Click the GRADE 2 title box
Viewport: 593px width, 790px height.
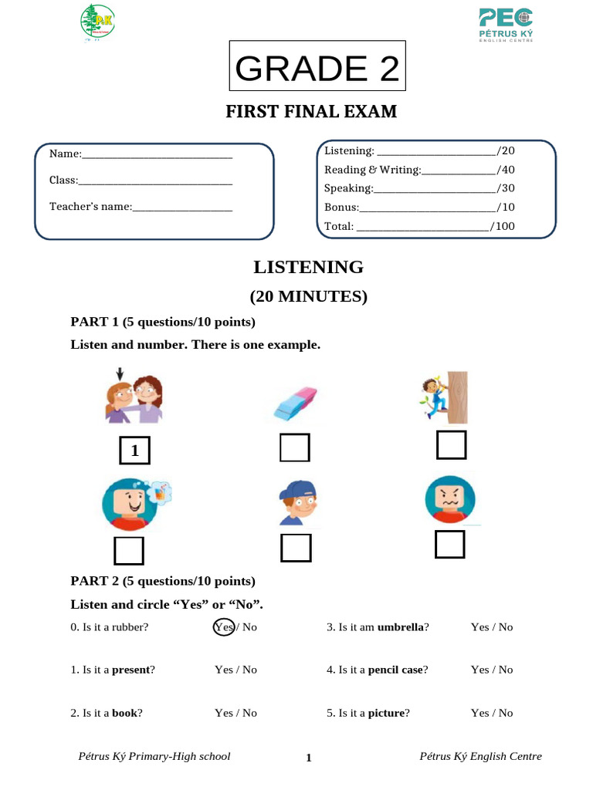point(317,69)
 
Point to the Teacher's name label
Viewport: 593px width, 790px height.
point(90,207)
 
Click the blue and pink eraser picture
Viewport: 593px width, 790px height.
point(294,403)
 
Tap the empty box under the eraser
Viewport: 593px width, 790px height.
point(295,448)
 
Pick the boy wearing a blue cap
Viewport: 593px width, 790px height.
point(297,502)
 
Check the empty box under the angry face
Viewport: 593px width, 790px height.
point(449,543)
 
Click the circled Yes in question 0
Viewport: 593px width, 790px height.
point(224,627)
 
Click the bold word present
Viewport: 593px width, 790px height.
point(130,670)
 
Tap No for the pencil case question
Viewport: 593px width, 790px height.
point(505,670)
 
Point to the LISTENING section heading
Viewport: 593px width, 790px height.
point(308,268)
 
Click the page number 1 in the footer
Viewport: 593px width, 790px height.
point(309,758)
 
